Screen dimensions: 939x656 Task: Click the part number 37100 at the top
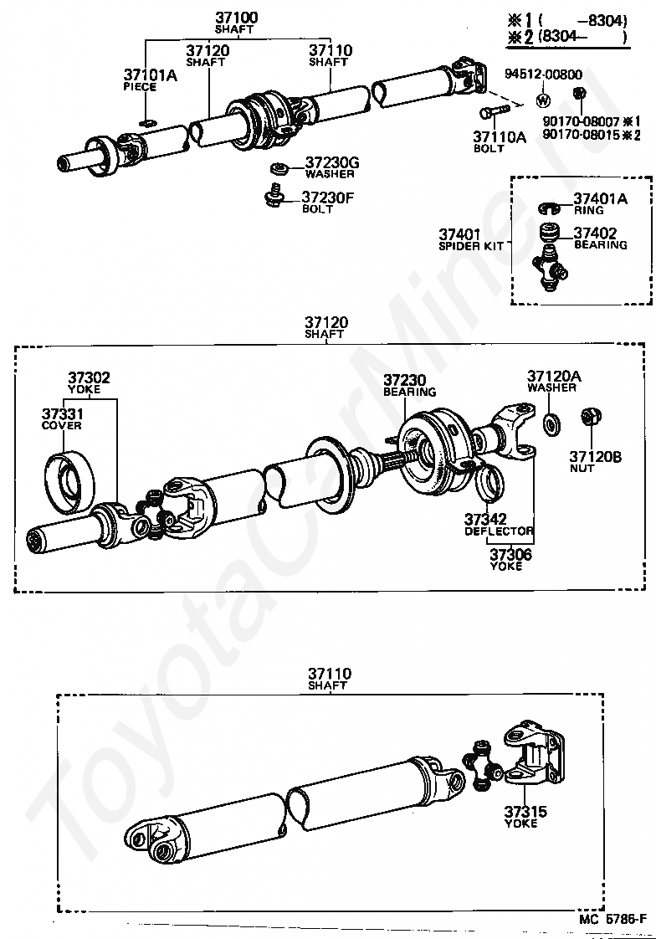[237, 18]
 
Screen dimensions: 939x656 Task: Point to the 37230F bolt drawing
[274, 197]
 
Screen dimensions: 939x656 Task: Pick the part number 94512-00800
[542, 74]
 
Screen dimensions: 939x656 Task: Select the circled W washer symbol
[542, 100]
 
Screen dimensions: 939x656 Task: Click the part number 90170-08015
[581, 134]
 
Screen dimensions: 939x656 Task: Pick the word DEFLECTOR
[500, 531]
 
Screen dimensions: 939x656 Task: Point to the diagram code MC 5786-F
[612, 918]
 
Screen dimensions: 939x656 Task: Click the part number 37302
[89, 377]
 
